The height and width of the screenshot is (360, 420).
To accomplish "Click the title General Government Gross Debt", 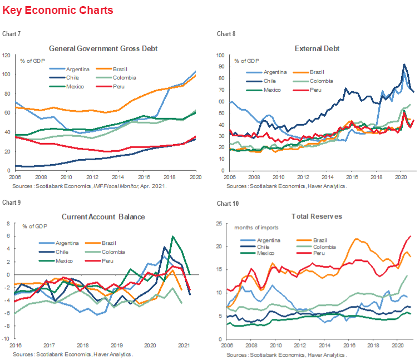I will click(x=103, y=48).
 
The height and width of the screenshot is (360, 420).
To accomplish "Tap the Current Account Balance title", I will click(x=103, y=217).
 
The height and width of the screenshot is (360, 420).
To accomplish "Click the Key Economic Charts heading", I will click(x=57, y=11).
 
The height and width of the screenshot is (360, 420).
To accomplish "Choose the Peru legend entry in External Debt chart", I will click(x=315, y=90).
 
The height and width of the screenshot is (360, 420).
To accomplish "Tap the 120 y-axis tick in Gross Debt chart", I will click(x=7, y=56).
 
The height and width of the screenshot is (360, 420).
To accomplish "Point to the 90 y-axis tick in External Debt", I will click(x=220, y=66).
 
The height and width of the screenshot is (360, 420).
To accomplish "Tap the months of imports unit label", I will click(x=256, y=228).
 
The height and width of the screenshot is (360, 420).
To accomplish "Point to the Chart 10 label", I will click(x=225, y=203).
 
